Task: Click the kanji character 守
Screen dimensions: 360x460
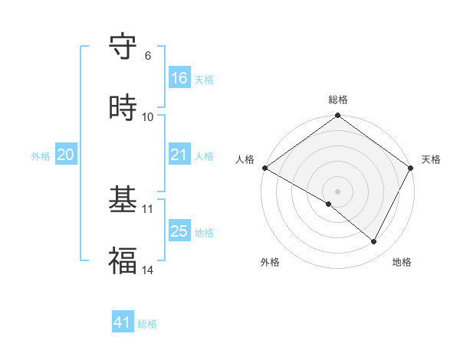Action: click(123, 47)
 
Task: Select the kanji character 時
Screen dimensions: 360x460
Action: click(123, 108)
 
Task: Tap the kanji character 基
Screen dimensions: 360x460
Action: click(123, 201)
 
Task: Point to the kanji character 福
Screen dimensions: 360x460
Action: click(123, 261)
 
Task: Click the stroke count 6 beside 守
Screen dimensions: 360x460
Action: click(147, 56)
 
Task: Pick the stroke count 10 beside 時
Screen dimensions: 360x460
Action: click(148, 117)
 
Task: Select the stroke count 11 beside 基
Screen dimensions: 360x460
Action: click(148, 209)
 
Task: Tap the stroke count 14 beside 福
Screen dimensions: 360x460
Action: click(148, 270)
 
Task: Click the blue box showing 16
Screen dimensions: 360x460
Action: click(179, 78)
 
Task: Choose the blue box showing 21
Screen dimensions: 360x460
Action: click(179, 155)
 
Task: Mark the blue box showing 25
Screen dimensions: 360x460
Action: click(179, 231)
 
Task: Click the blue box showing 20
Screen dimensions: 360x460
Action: click(66, 155)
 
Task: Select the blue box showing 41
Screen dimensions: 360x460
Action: click(123, 323)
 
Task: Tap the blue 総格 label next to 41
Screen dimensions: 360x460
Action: click(147, 324)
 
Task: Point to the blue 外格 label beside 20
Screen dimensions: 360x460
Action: click(41, 156)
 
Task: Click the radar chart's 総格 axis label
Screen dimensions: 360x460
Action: click(338, 100)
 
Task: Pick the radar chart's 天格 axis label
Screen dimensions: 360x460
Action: click(431, 159)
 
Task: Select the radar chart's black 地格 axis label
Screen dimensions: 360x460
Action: click(402, 262)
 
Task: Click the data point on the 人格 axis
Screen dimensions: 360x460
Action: click(264, 168)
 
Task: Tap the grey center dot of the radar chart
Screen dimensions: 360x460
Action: click(338, 191)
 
